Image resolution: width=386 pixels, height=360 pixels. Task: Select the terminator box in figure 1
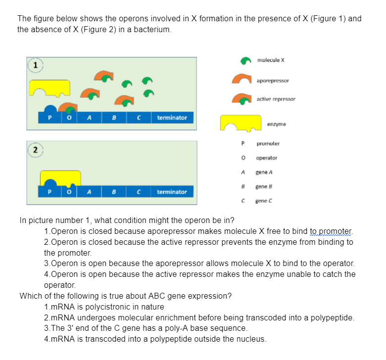[172, 118]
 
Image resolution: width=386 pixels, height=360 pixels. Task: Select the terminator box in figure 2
[172, 192]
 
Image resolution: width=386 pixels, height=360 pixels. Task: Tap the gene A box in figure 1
[89, 118]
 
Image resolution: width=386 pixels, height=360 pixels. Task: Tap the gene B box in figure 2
[114, 192]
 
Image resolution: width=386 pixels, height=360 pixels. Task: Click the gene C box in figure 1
[140, 118]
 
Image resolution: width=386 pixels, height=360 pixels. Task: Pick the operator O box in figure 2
[69, 192]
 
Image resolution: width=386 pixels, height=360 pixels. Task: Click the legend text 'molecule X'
[271, 60]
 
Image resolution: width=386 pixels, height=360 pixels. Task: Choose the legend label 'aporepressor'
[273, 80]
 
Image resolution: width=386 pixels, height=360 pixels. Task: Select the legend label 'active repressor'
[276, 99]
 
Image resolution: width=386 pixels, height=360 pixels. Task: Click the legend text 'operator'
[267, 158]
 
